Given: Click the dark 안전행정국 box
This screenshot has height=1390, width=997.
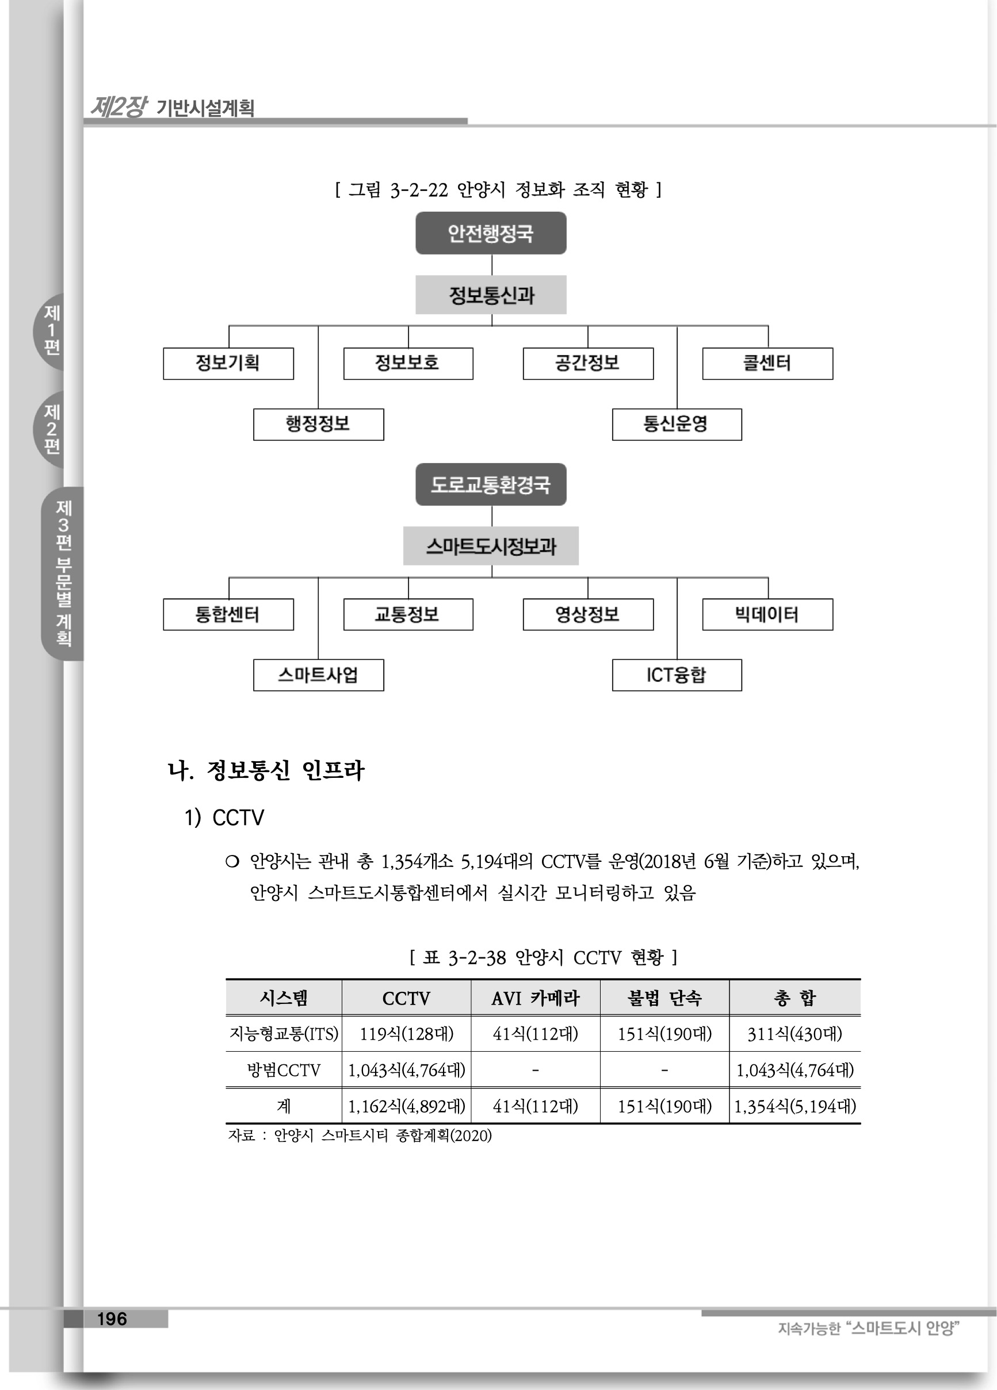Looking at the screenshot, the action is tap(490, 233).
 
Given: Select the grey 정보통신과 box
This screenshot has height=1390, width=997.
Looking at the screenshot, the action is tap(490, 295).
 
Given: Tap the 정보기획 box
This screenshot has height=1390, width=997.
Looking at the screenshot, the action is tap(228, 364).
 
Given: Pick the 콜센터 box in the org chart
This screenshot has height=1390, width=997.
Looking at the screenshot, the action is tap(767, 364).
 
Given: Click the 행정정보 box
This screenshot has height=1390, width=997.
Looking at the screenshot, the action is tap(318, 424).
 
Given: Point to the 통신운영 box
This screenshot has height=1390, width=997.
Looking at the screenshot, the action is tap(677, 424).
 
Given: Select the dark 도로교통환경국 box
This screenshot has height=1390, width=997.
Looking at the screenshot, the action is tap(490, 484).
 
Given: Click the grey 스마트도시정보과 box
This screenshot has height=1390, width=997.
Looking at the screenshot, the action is tap(490, 546).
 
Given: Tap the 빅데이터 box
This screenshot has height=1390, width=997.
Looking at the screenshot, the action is tap(767, 614).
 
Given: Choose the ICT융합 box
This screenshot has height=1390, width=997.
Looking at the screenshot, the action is tap(677, 675).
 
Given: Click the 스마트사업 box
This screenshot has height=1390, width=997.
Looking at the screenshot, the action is tap(318, 675).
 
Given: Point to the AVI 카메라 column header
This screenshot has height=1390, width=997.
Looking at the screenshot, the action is tap(535, 998).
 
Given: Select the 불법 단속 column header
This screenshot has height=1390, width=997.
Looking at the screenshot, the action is tap(664, 998).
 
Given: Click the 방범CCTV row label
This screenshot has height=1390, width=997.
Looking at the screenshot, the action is tap(283, 1070).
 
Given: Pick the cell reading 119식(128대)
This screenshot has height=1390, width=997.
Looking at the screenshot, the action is tap(406, 1034).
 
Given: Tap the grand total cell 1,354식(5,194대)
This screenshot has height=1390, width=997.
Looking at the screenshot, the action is tap(795, 1106).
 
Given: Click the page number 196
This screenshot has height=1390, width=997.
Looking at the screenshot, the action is tap(112, 1319).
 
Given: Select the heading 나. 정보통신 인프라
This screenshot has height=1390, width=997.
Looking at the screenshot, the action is tap(266, 770).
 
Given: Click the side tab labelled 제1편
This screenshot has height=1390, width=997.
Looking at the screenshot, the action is tap(51, 331).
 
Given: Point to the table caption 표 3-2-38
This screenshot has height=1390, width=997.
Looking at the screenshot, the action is tap(543, 957).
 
